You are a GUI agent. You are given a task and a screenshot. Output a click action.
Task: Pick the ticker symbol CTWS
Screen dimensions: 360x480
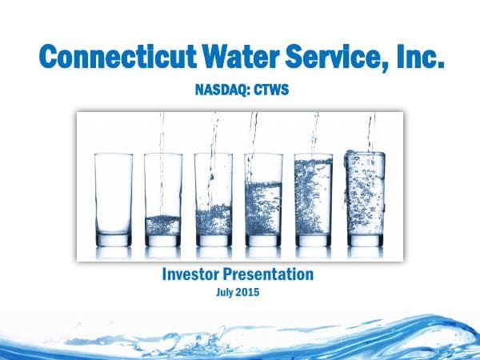tap(269, 92)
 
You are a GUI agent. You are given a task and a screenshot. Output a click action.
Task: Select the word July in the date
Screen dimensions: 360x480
tap(227, 293)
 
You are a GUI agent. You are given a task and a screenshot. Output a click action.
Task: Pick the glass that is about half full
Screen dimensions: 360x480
tap(264, 200)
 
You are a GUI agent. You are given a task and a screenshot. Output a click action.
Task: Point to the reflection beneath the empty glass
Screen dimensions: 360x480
tap(112, 253)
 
